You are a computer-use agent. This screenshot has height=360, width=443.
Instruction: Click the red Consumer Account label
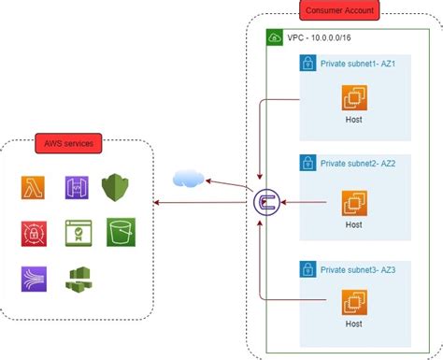(x=339, y=12)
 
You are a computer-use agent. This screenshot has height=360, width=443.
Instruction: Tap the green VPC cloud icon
(x=275, y=37)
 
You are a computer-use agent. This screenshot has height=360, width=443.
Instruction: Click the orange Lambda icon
(x=34, y=188)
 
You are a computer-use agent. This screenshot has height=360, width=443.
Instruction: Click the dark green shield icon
(x=114, y=186)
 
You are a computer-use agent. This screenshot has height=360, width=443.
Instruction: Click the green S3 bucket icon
(x=119, y=232)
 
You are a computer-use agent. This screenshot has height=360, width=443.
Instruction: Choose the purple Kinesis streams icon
(x=34, y=278)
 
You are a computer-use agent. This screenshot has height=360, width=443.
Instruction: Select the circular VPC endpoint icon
(x=265, y=200)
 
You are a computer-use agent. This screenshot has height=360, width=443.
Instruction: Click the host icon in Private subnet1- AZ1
(x=353, y=98)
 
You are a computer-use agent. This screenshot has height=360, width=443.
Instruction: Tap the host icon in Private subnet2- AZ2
(x=353, y=201)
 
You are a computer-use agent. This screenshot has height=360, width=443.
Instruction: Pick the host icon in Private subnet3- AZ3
(x=353, y=302)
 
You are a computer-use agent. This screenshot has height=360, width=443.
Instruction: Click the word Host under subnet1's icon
(x=353, y=121)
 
